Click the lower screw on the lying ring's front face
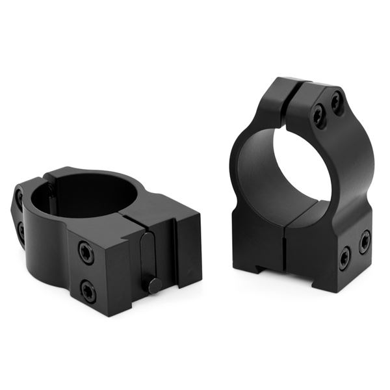click(x=88, y=291)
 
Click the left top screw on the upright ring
click(x=318, y=116)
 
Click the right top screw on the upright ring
click(x=336, y=103)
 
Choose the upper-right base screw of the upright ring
click(x=365, y=240)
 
